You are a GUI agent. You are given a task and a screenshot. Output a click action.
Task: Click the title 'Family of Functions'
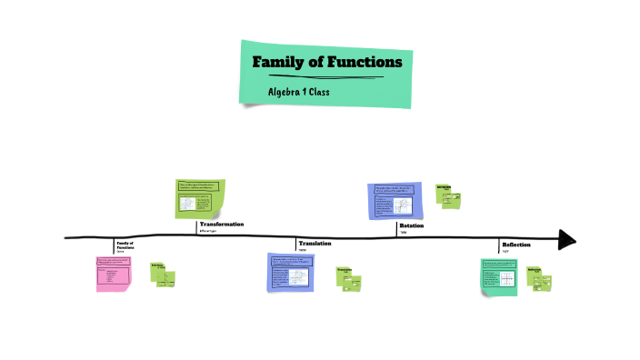(x=326, y=63)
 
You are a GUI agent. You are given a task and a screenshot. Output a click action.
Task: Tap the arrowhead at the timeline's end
(x=567, y=240)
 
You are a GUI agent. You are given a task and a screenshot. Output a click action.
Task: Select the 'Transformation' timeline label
(x=222, y=224)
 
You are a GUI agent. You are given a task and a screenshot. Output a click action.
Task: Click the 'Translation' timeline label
(x=315, y=244)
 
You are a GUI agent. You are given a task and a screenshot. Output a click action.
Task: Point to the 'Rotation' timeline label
(x=412, y=225)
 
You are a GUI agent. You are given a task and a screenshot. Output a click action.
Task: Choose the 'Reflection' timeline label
(x=516, y=245)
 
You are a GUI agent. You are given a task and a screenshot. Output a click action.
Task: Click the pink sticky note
(x=113, y=274)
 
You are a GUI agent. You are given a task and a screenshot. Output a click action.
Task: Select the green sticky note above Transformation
(x=199, y=199)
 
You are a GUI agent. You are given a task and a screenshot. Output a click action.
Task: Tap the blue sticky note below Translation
(x=290, y=272)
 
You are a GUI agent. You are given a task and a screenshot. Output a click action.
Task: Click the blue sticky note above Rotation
(x=392, y=199)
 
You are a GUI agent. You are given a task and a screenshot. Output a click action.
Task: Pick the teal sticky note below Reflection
(x=500, y=276)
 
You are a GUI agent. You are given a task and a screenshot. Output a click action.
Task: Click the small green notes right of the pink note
(x=164, y=275)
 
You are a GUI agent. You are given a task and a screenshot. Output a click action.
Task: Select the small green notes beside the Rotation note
(x=449, y=195)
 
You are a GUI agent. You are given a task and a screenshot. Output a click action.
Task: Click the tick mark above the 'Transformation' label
(x=197, y=228)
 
